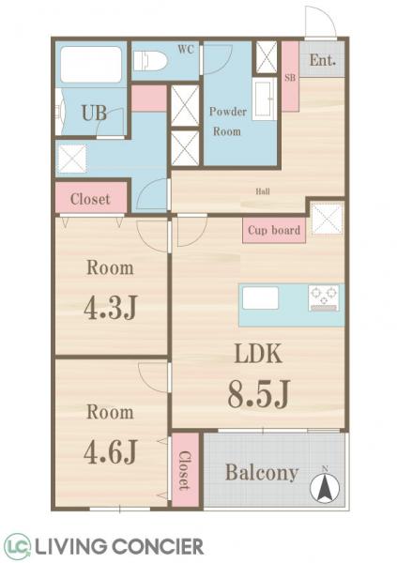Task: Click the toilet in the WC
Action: click(150, 61)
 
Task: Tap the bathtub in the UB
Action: click(91, 65)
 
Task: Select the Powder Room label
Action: click(227, 121)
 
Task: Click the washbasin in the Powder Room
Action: click(265, 99)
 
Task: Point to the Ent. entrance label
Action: click(323, 60)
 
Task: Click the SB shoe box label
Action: click(290, 77)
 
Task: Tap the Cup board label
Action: click(274, 230)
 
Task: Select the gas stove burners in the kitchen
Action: click(324, 297)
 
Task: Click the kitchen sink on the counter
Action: click(260, 297)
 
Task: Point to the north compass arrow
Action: click(325, 488)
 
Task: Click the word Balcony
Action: click(262, 473)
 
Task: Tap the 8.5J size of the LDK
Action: click(259, 394)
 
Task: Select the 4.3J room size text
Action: click(111, 308)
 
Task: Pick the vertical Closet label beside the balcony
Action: click(185, 470)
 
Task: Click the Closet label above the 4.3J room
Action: click(90, 199)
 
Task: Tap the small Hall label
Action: click(263, 191)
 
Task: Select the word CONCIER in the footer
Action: click(158, 547)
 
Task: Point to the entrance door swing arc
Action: click(326, 16)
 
